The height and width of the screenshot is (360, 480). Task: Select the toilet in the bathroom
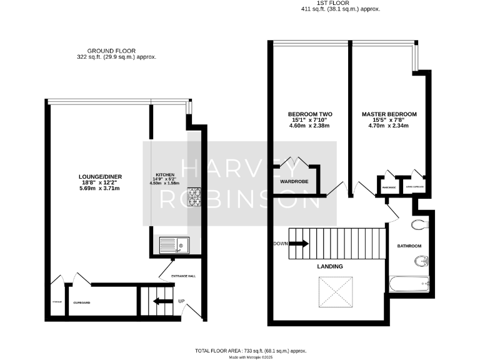418,225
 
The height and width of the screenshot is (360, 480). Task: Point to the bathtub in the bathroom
409,284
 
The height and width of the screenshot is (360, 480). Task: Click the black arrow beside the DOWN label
297,244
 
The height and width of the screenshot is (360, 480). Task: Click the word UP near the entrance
182,301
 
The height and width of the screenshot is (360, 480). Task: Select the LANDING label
329,266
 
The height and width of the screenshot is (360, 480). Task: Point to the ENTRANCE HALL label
179,276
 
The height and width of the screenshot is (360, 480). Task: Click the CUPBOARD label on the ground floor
82,303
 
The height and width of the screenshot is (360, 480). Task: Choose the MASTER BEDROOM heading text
389,114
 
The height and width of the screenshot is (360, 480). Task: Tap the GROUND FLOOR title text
111,51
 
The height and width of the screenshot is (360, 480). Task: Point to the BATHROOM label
409,246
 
